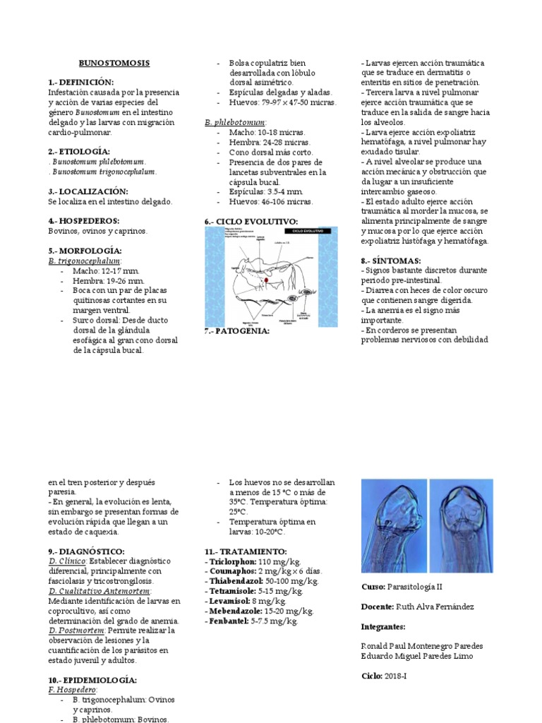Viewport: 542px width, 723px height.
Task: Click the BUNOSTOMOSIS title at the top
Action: tap(114, 63)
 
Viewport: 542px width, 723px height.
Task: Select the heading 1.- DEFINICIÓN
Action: tap(80, 83)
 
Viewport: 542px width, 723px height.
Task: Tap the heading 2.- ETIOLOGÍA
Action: tap(78, 151)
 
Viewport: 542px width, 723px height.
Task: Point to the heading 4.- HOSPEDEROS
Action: tap(83, 220)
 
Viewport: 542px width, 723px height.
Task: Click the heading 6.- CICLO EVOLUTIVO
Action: tap(251, 221)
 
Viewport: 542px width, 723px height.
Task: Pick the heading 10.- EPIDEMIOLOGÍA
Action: tap(92, 679)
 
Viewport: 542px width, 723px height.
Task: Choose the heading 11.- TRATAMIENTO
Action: tap(246, 551)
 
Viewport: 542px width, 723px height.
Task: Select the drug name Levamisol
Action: tap(230, 601)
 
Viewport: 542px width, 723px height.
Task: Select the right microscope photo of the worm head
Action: tap(461, 525)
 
